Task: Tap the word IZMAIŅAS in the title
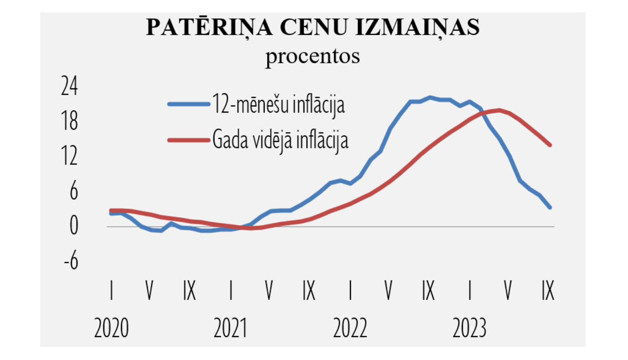[417, 28]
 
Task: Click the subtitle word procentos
[312, 56]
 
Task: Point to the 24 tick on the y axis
[69, 86]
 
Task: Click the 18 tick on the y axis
[69, 121]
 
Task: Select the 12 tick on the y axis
[69, 156]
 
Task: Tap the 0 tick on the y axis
[74, 226]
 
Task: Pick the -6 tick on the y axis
[71, 261]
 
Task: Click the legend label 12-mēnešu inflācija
[278, 104]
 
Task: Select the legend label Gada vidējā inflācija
[280, 140]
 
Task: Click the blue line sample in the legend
[188, 104]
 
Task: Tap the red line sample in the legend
[188, 140]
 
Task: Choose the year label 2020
[111, 328]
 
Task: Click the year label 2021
[231, 328]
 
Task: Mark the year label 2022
[350, 328]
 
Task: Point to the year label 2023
[469, 328]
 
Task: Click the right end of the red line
[550, 145]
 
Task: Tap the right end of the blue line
[550, 207]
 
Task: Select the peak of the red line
[499, 111]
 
